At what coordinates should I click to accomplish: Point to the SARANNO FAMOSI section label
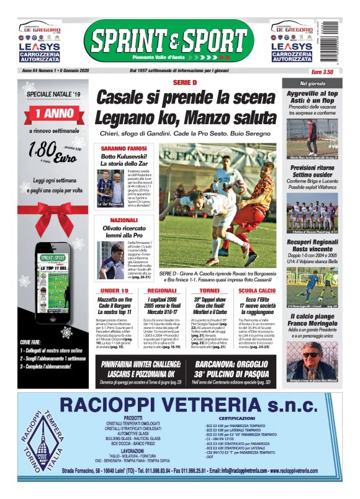(124, 149)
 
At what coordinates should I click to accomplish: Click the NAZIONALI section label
(124, 220)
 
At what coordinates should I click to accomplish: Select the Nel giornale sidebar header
(312, 83)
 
